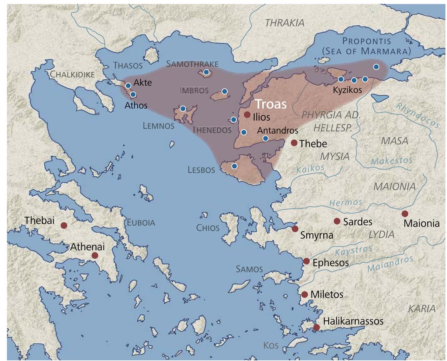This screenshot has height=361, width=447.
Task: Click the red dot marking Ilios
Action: click(247, 115)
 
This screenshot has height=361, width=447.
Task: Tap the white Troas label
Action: click(271, 104)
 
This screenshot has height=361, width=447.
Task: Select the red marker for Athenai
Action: click(95, 256)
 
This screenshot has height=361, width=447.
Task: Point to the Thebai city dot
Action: click(64, 226)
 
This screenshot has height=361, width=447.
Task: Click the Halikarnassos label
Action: click(353, 321)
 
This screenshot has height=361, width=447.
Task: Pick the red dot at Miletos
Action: click(305, 294)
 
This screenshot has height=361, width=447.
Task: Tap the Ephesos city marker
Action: click(306, 261)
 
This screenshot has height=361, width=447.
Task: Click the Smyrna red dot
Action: click(295, 229)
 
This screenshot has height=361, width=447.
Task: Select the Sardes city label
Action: click(358, 221)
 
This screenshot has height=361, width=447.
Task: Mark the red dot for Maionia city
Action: click(405, 213)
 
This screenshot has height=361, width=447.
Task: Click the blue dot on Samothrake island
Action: click(206, 72)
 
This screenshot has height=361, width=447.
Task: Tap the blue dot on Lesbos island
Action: click(234, 166)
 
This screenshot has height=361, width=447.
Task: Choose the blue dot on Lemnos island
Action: click(183, 109)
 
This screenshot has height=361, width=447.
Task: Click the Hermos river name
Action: click(345, 202)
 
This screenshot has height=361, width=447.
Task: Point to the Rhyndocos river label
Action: click(418, 115)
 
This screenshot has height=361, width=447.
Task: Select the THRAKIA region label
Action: click(285, 23)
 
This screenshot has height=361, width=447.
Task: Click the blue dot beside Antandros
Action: click(266, 138)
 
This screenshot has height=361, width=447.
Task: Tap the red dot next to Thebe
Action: click(294, 143)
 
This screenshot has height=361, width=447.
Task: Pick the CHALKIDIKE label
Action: click(72, 74)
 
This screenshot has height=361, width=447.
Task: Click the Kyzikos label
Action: click(347, 90)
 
